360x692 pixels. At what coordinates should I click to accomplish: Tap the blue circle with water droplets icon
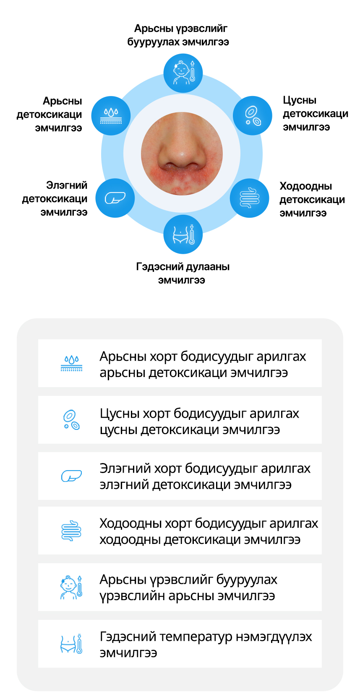(x=111, y=115)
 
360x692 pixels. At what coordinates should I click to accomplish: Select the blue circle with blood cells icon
(x=253, y=115)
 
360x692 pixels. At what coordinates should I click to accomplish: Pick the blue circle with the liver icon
(x=115, y=198)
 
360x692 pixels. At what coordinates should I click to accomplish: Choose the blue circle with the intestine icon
(x=249, y=198)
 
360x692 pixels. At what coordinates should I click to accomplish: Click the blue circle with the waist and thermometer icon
(x=183, y=234)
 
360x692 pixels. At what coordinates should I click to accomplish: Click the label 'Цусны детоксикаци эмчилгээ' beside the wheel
(x=315, y=114)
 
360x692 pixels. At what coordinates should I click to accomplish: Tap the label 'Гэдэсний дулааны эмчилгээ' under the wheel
(x=183, y=273)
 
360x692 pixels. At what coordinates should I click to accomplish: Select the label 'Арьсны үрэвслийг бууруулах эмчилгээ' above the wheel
(x=180, y=35)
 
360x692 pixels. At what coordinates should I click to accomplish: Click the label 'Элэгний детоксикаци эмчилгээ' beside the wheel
(x=55, y=199)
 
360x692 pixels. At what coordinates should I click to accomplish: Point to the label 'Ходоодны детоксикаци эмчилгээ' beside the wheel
(x=312, y=200)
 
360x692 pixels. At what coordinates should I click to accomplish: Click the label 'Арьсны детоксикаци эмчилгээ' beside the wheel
(x=50, y=114)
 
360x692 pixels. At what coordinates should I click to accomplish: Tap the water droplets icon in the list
(x=71, y=363)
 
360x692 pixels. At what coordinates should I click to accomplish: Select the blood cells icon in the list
(x=71, y=420)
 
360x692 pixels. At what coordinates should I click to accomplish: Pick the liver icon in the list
(x=71, y=476)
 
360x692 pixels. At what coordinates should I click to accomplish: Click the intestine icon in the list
(x=71, y=531)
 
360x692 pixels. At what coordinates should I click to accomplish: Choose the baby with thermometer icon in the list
(x=71, y=587)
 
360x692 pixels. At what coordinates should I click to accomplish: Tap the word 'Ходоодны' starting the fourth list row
(x=130, y=523)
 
